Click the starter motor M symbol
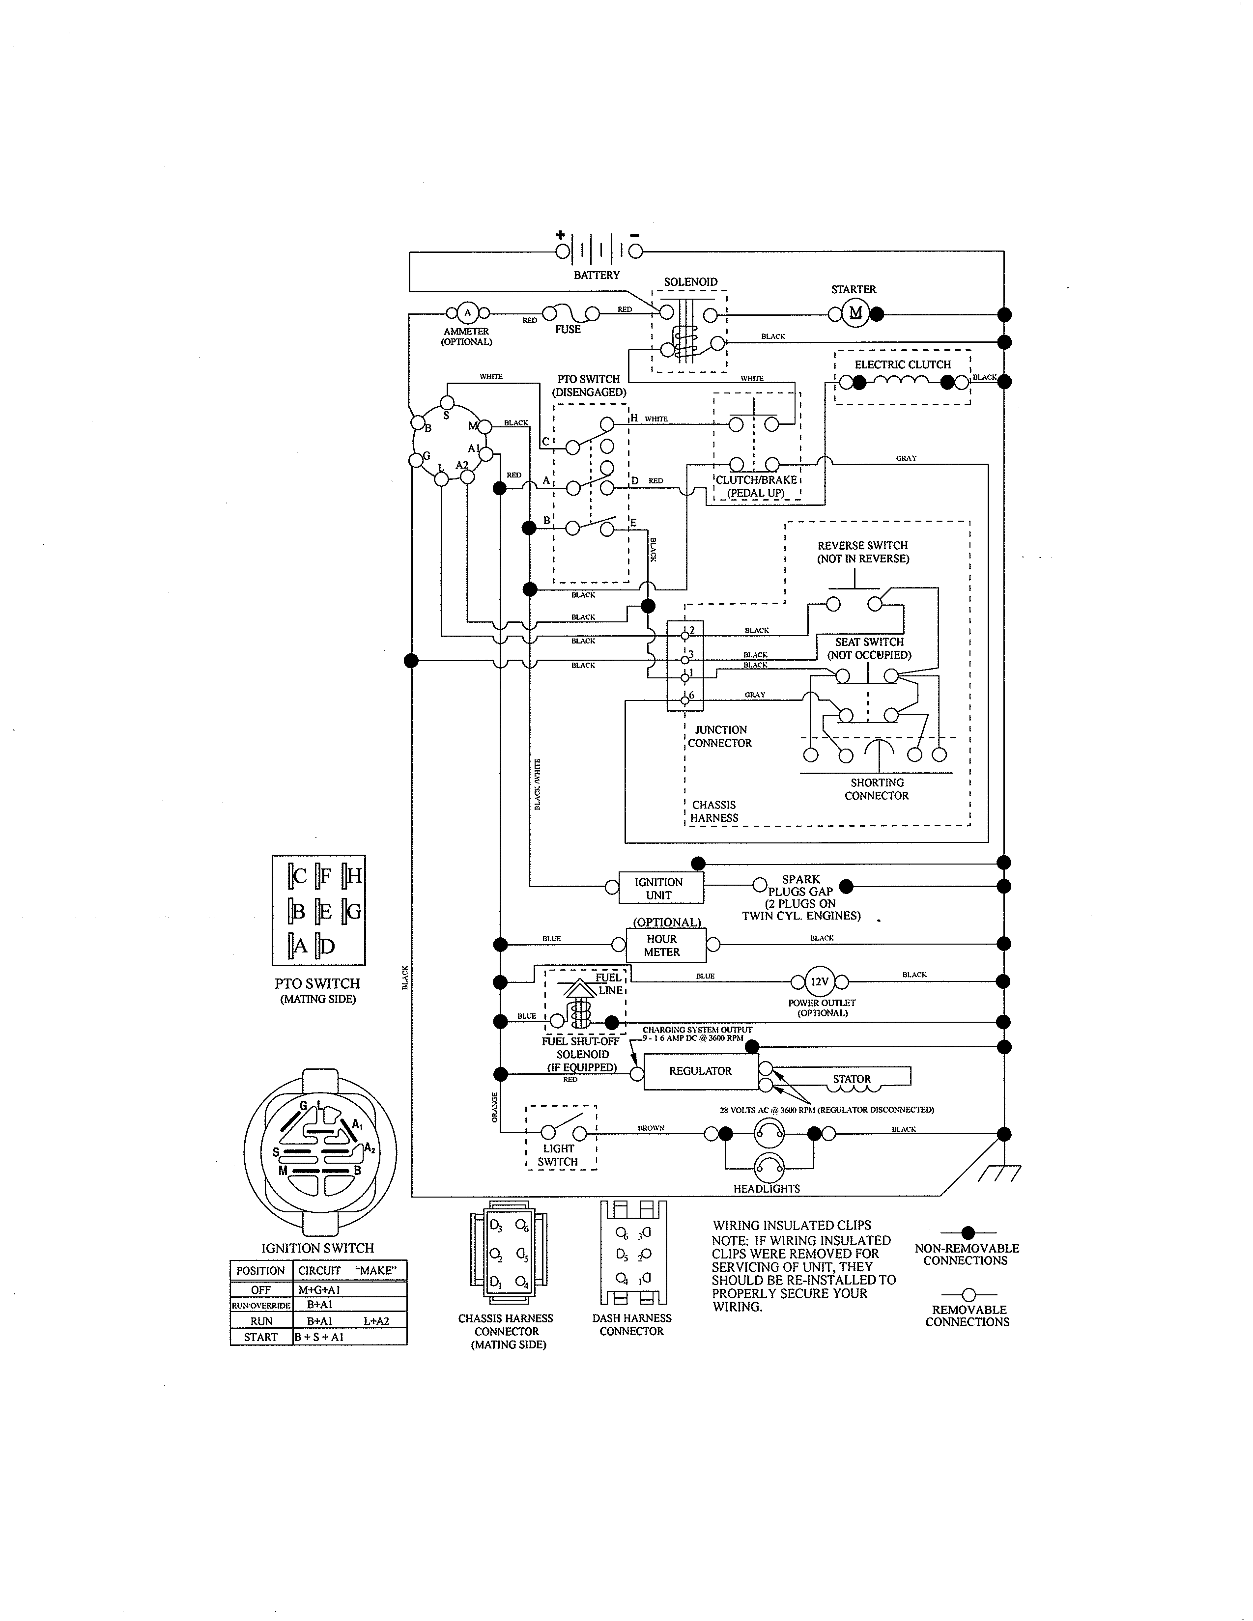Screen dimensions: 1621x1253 pos(855,313)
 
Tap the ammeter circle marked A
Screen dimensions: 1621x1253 pos(467,312)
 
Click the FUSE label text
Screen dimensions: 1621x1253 pos(568,330)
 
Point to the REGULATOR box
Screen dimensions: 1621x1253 pos(700,1071)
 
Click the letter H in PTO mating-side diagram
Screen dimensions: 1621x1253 pos(354,876)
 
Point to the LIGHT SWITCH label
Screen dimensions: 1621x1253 pos(558,1155)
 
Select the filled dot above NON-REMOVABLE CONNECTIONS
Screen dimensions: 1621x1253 pos(967,1233)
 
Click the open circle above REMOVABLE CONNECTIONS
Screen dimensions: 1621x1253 pos(967,1294)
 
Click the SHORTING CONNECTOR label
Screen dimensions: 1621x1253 pos(877,789)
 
